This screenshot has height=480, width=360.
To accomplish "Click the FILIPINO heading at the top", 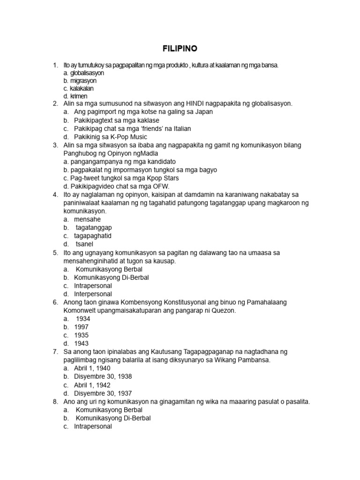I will click(x=180, y=48).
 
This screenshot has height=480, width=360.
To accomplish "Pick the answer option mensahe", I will click(x=87, y=219).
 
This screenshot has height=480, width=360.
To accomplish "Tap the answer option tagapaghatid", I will click(x=92, y=235).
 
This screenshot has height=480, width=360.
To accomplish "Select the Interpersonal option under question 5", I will click(x=93, y=294).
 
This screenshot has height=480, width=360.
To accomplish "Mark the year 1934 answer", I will click(x=82, y=319).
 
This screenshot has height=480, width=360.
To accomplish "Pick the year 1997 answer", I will click(x=81, y=327).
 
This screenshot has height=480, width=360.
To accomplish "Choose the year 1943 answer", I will click(x=81, y=344).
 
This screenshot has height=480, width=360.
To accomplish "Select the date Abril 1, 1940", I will click(x=92, y=368).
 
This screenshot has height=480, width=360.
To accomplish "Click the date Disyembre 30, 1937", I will click(x=103, y=393).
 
